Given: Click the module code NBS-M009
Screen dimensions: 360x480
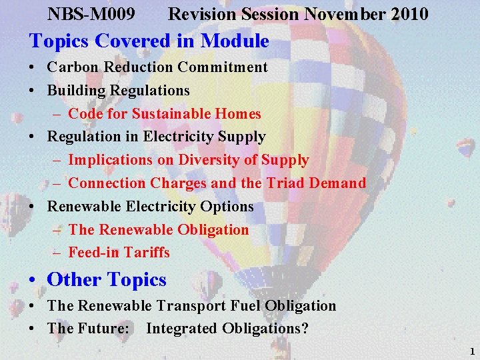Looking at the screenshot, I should [x=92, y=13].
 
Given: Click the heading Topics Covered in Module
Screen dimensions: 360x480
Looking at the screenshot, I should [x=149, y=41].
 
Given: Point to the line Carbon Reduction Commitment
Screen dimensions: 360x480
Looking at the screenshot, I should [x=157, y=67].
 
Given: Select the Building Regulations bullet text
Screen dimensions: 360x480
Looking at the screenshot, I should [x=118, y=90].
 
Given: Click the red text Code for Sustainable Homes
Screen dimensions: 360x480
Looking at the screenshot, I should [x=165, y=114].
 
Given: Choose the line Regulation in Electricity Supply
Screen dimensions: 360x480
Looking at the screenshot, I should [x=156, y=137].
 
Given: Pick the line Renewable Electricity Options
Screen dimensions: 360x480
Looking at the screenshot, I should [x=150, y=207].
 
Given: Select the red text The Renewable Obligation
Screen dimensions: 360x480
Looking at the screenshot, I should [x=159, y=230].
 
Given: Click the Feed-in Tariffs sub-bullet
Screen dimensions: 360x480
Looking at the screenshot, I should [x=119, y=253].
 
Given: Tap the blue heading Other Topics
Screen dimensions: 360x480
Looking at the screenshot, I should [x=107, y=280].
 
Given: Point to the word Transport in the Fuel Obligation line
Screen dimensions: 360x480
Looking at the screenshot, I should [x=187, y=306].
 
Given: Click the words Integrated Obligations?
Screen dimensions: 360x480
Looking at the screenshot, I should [x=227, y=329].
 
